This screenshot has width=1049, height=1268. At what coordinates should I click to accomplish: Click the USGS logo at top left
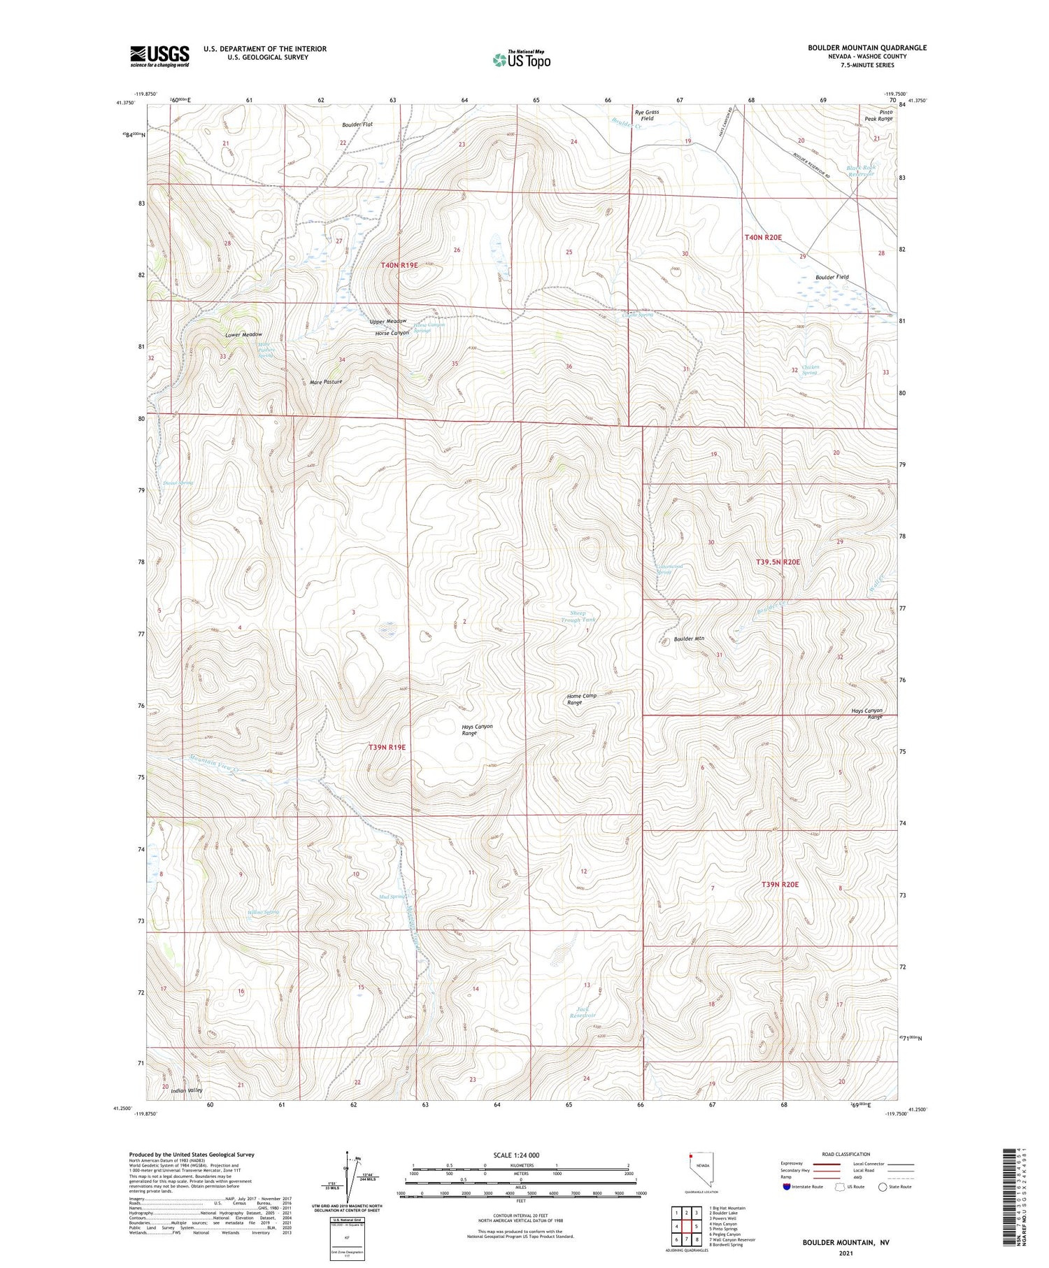click(x=159, y=56)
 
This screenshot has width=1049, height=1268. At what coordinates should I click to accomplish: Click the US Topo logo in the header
click(x=521, y=59)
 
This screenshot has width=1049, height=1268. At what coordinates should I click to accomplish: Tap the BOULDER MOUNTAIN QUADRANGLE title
click(x=866, y=48)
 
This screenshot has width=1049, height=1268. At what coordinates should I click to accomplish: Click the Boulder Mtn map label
click(x=689, y=639)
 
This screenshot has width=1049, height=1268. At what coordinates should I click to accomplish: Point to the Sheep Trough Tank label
click(x=578, y=616)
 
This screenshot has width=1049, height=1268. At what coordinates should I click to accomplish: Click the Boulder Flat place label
click(x=357, y=124)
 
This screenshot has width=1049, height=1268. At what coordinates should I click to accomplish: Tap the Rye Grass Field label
click(x=647, y=115)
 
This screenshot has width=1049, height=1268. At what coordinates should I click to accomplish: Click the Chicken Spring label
click(x=809, y=369)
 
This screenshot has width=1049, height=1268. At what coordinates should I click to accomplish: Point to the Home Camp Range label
click(x=581, y=699)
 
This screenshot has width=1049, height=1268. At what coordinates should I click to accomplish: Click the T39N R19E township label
click(x=387, y=747)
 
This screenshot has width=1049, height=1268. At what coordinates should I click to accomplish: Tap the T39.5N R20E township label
click(x=778, y=562)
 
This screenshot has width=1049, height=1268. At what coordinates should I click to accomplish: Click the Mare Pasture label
click(x=326, y=382)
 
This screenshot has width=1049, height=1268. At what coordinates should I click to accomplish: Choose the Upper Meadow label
click(x=387, y=321)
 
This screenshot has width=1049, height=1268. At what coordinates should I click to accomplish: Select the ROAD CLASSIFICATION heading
click(x=846, y=1154)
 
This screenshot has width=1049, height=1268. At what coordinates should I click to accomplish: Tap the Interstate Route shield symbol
click(x=787, y=1186)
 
